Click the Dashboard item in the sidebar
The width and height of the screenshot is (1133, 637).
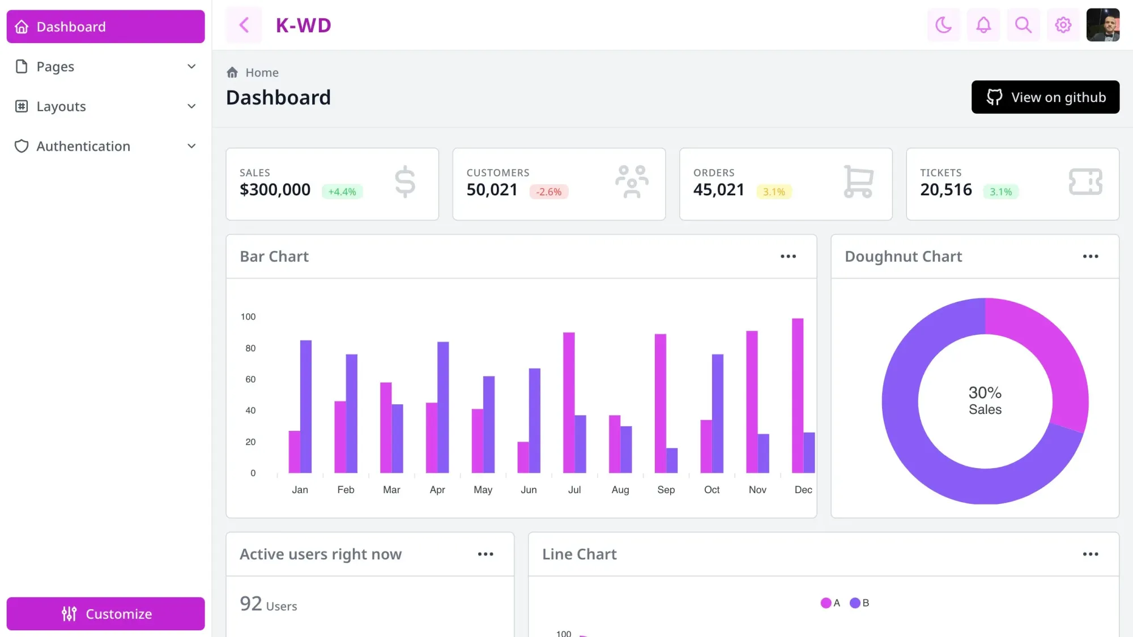105,27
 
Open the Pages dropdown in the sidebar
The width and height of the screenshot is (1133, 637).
105,67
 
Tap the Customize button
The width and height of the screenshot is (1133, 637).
105,614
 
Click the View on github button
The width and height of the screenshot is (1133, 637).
1045,97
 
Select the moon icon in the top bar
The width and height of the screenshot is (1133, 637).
943,25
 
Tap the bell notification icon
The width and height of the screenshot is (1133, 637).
983,25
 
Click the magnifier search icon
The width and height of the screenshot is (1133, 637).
1023,25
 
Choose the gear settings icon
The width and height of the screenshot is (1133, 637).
1063,25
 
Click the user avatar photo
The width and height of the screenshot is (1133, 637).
1102,25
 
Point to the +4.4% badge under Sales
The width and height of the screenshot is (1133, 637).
342,192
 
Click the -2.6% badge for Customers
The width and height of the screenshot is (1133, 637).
548,192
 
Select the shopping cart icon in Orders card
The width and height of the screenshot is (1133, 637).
858,182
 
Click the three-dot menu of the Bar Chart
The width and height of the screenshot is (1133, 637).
788,256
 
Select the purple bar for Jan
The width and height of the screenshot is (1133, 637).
306,406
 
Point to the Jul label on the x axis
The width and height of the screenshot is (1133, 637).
574,490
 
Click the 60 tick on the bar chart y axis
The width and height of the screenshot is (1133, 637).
250,379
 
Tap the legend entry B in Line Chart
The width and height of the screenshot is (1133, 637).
859,603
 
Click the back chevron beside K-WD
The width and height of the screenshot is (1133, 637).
244,25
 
